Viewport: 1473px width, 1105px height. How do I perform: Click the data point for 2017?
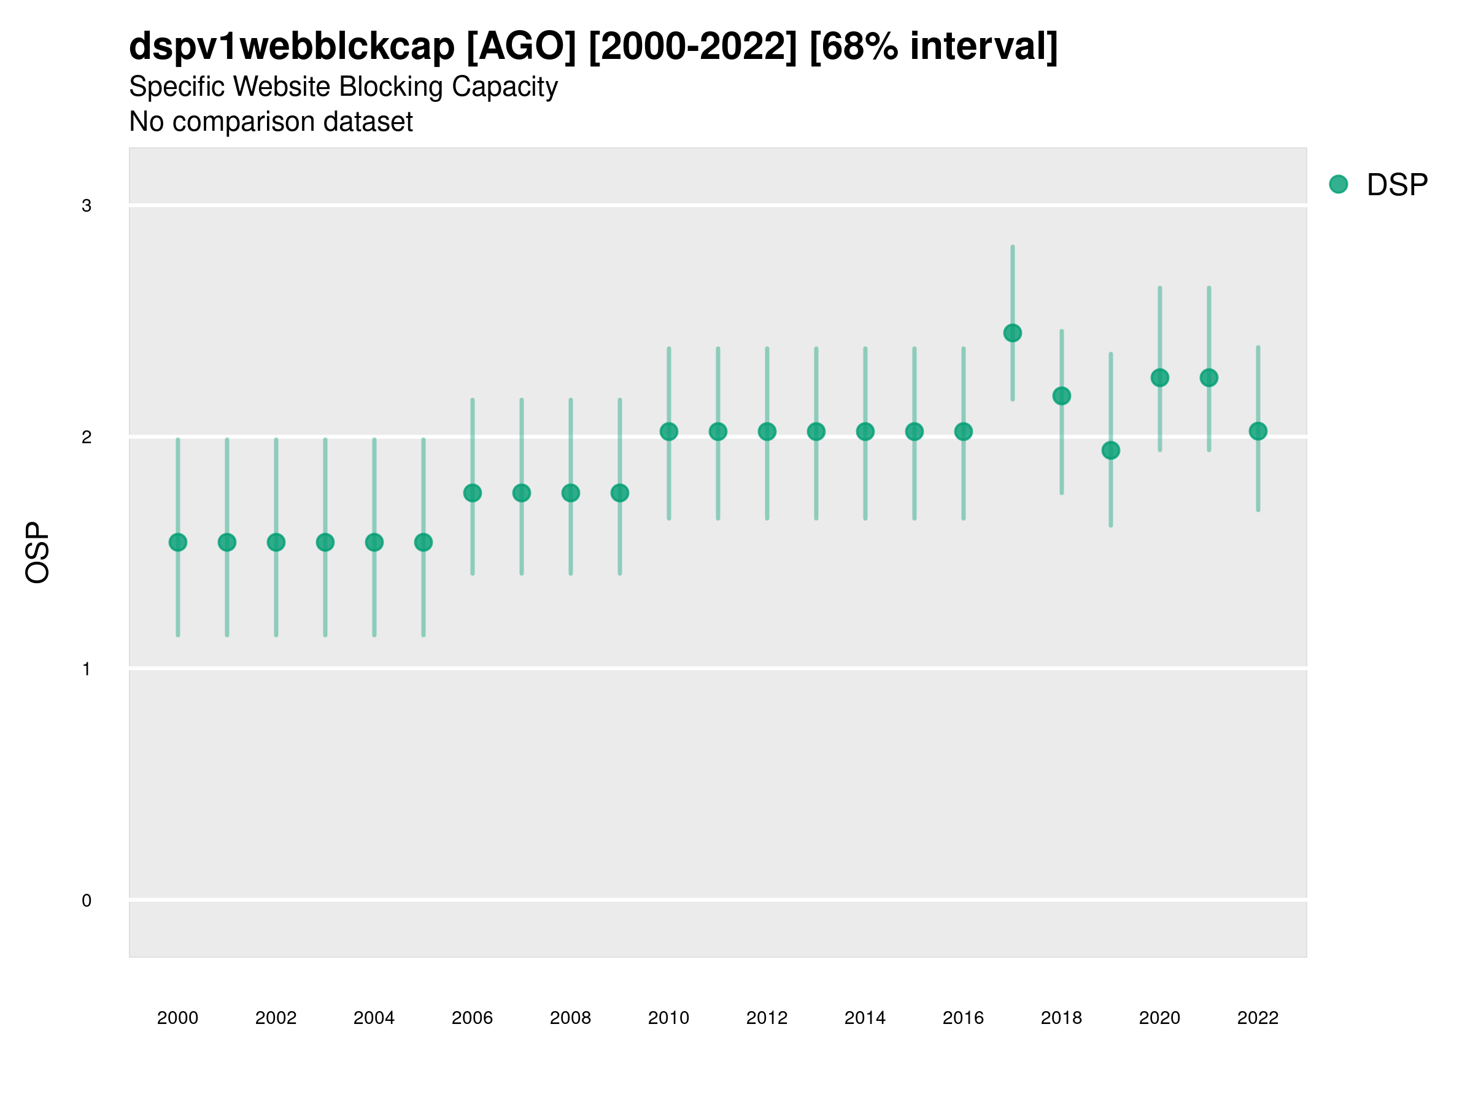(1012, 333)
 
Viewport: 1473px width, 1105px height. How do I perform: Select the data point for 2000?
(178, 542)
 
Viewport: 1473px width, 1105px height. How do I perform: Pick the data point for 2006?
(472, 493)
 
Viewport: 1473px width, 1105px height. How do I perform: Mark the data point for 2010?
(668, 432)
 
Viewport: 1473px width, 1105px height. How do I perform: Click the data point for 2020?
(1159, 378)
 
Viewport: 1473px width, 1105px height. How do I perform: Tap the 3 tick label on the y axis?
(87, 206)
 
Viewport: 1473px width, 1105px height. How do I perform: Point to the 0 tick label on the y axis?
(87, 901)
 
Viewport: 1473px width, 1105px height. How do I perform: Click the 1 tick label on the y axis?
(87, 669)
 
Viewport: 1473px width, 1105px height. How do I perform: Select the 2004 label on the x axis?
(374, 1018)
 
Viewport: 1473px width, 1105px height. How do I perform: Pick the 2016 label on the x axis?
(963, 1018)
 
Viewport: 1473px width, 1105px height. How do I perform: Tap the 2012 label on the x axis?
(767, 1018)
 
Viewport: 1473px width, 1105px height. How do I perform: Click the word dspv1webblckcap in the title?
(292, 47)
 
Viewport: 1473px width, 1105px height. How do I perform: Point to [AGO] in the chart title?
(520, 47)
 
